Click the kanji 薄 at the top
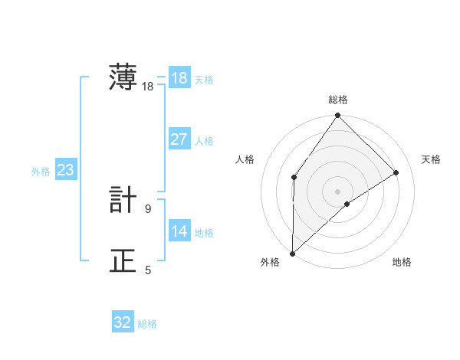coord(123,78)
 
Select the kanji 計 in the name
coord(123,199)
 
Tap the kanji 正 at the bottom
coord(123,261)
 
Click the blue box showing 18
coord(179,78)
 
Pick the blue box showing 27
coord(179,139)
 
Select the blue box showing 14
coord(179,231)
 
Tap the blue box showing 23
coord(65,170)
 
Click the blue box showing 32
coord(123,322)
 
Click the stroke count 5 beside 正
coord(148,270)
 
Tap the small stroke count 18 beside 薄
coord(147,87)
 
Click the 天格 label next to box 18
coord(204,80)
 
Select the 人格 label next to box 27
coord(204,141)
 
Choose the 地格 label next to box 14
coord(204,233)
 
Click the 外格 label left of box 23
coord(41,172)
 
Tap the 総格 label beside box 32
coord(147,324)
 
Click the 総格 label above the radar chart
coord(338,100)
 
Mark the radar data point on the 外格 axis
coord(292,254)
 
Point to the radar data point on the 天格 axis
coord(396,172)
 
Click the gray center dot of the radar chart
coord(337,191)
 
